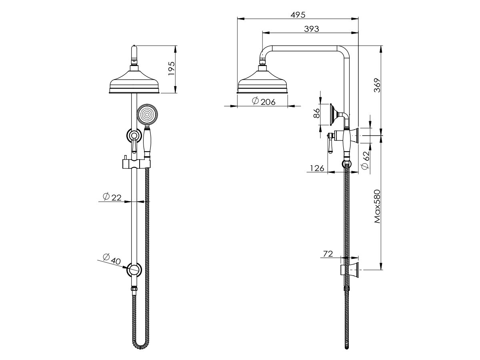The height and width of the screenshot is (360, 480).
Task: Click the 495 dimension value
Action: point(298,15)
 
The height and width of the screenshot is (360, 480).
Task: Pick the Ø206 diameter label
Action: point(264,102)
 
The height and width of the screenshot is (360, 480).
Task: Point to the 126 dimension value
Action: point(317,168)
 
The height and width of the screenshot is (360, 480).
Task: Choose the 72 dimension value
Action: point(328,254)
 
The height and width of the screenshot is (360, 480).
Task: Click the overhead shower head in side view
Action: point(263,83)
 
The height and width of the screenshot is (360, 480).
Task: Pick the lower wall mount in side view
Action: point(351,270)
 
